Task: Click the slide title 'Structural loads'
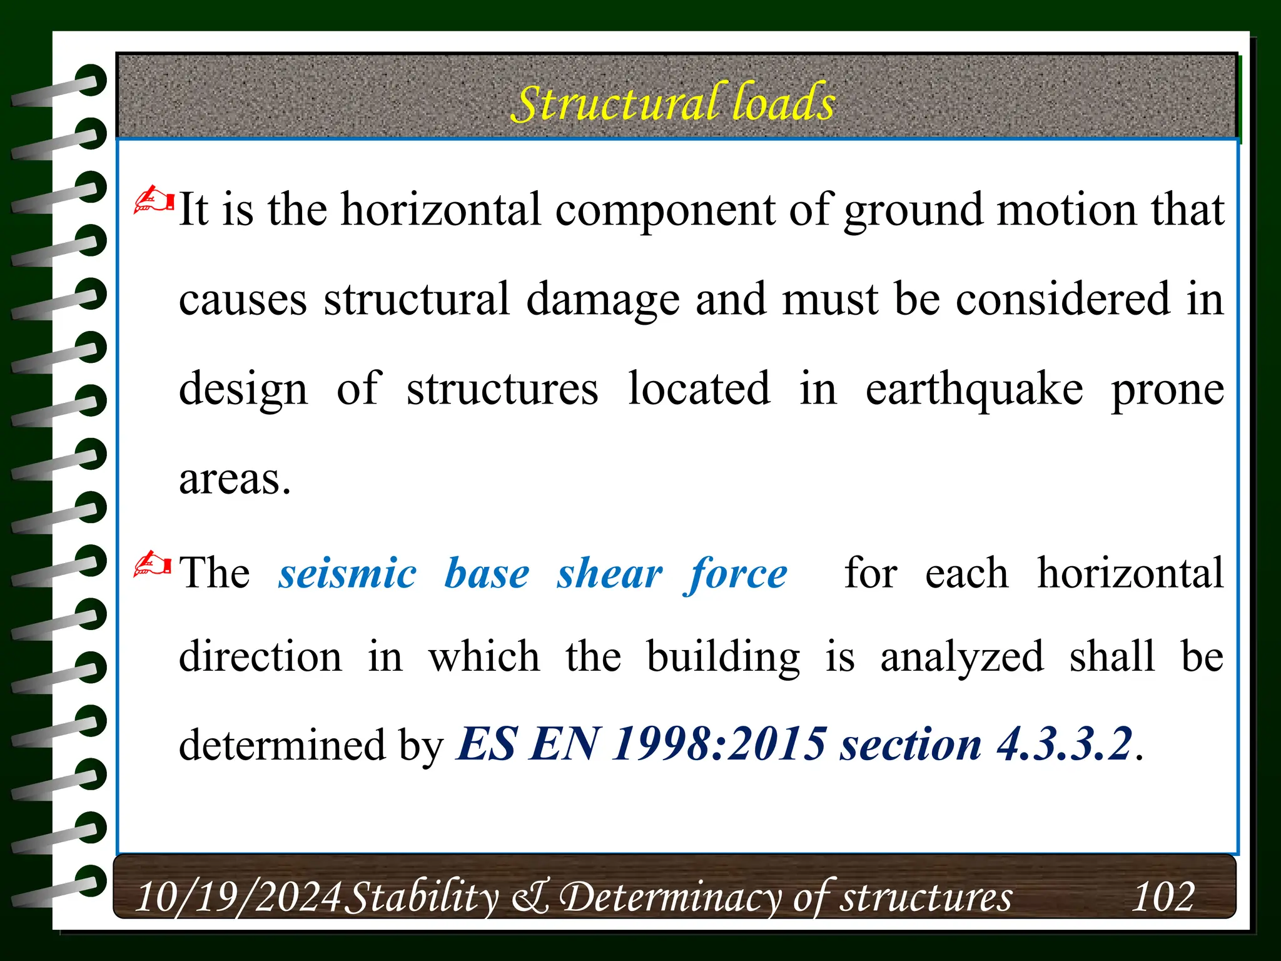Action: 673,103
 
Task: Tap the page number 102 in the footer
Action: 1163,896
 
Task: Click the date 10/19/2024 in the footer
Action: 238,897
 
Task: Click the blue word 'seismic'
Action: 347,573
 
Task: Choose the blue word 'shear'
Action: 610,573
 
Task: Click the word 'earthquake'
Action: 974,389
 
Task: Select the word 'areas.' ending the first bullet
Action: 235,479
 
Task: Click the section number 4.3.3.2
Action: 1064,745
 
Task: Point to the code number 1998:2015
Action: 719,745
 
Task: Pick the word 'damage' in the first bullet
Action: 602,300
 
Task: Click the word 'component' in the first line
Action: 665,210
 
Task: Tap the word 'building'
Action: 723,658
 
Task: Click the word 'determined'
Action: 282,745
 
